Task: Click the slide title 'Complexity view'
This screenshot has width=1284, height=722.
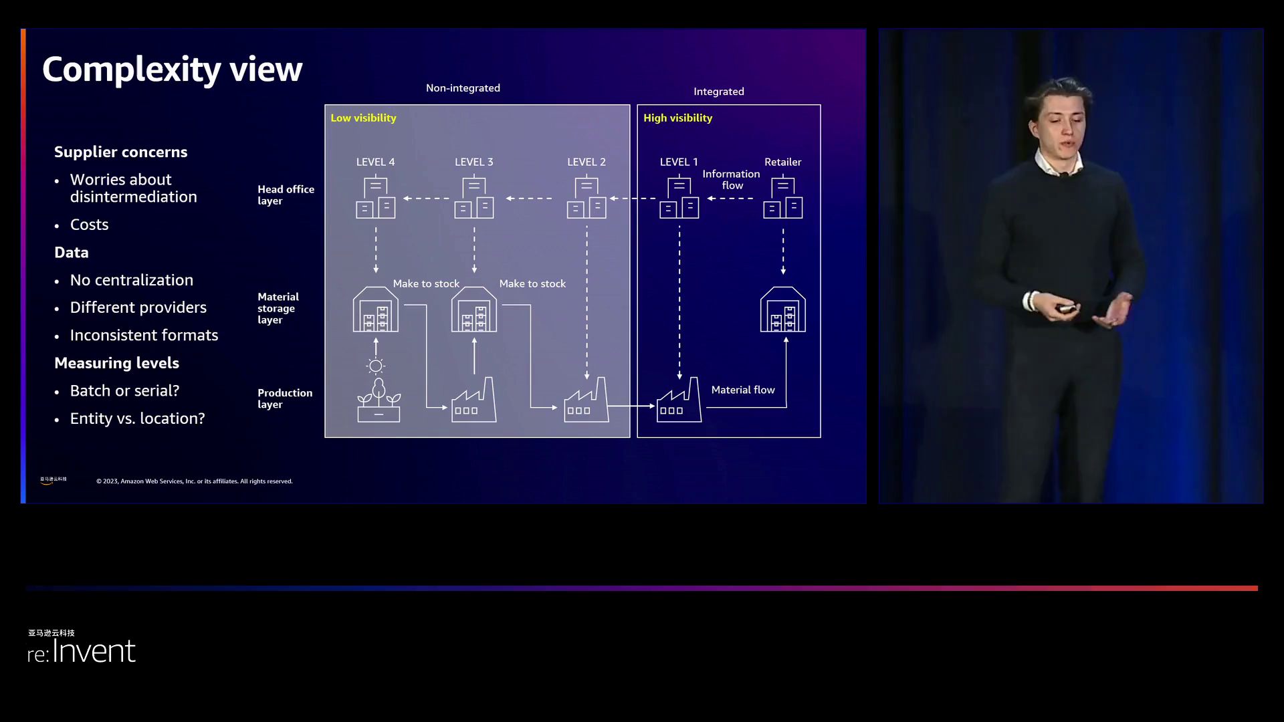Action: tap(172, 70)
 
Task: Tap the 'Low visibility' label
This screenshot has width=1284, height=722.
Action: tap(363, 118)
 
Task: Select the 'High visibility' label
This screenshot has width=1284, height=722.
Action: tap(677, 118)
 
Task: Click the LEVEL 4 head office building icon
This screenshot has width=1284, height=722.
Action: tap(375, 198)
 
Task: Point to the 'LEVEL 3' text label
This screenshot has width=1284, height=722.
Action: tap(473, 162)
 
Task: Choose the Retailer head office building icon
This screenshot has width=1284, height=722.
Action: tap(782, 198)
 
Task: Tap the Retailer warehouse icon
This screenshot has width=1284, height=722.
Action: tap(782, 310)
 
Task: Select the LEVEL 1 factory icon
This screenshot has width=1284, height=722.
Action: tap(679, 401)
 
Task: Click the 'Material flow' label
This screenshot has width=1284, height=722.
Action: tap(742, 390)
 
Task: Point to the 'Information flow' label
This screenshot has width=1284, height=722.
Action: tap(731, 180)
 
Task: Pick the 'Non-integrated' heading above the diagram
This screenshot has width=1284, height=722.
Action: tap(463, 88)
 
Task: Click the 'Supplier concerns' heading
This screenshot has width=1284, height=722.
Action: tap(120, 152)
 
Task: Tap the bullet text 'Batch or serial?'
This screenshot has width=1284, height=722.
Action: tap(124, 391)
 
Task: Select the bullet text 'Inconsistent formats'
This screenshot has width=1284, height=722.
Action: tap(144, 336)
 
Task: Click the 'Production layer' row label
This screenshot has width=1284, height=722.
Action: tap(284, 398)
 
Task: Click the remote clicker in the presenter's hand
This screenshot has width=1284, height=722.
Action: tap(1065, 308)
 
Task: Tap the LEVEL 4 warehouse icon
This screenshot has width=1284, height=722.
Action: tap(375, 310)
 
